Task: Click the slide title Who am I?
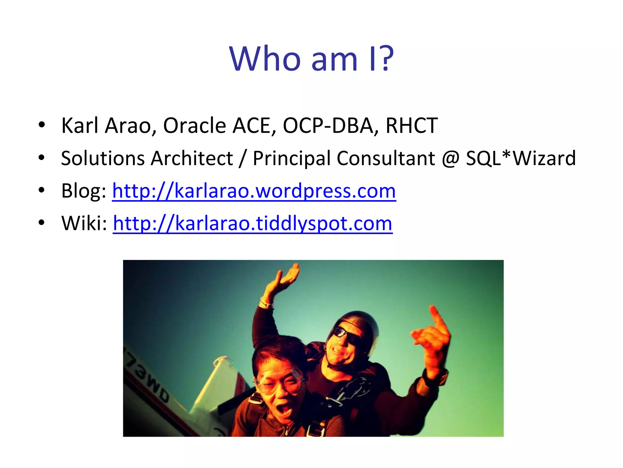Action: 311,58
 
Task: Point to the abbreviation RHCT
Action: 412,126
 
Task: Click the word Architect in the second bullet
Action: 192,158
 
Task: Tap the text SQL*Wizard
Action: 521,158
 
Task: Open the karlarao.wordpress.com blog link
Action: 254,191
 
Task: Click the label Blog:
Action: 84,191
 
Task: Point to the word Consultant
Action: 386,158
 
